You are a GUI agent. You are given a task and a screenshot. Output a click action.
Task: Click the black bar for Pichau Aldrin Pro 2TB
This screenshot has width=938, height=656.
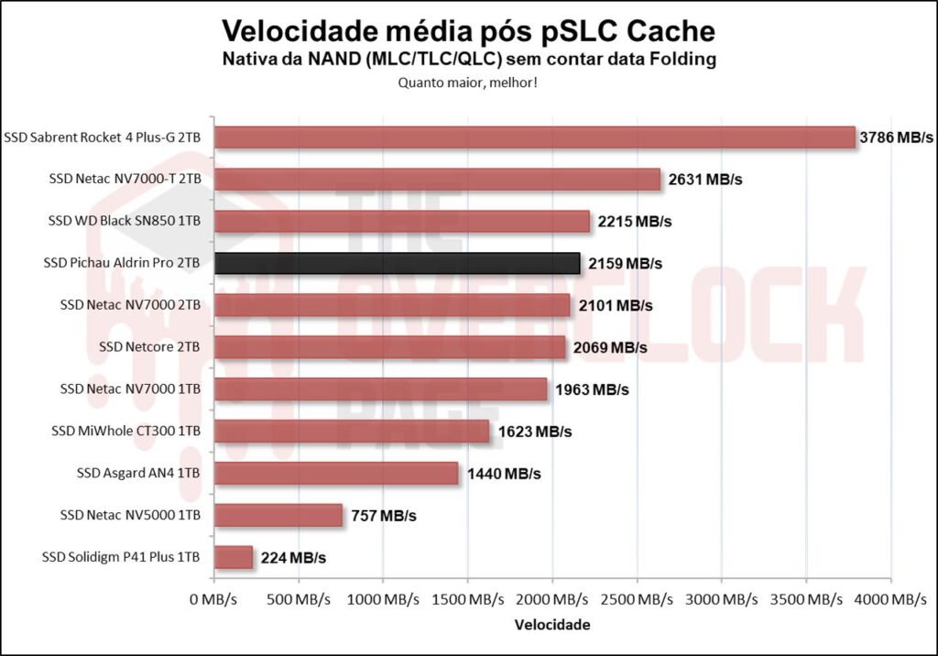(x=397, y=264)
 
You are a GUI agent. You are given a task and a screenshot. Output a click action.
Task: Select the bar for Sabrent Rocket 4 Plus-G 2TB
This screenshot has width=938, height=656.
(x=534, y=137)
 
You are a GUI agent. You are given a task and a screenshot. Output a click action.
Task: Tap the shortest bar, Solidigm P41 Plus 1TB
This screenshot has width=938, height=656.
(x=233, y=557)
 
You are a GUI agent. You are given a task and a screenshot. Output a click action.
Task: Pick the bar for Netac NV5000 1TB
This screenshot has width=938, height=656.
(x=278, y=515)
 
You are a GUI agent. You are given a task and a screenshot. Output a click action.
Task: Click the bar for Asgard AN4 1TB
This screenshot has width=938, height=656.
(x=336, y=474)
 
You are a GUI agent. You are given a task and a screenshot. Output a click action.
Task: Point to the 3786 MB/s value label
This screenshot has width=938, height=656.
(x=896, y=137)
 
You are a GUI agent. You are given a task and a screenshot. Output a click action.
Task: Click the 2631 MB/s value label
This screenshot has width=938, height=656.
(x=705, y=180)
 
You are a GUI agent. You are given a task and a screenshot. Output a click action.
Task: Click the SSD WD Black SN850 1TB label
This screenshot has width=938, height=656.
(x=124, y=221)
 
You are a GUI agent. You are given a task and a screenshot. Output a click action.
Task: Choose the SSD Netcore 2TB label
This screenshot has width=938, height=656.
(x=149, y=347)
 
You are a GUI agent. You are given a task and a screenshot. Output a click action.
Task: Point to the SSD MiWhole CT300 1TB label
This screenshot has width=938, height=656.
(x=125, y=431)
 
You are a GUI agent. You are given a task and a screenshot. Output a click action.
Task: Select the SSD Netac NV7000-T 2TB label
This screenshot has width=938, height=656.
(x=125, y=180)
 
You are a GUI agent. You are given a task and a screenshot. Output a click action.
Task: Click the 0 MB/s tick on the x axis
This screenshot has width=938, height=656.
(x=214, y=599)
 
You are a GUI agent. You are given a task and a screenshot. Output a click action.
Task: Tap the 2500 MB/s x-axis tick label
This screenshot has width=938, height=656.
(x=637, y=599)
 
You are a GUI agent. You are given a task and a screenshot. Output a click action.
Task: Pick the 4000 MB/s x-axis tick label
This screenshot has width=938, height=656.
(x=889, y=599)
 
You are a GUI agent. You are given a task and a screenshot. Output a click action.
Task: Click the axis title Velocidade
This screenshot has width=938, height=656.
(x=552, y=625)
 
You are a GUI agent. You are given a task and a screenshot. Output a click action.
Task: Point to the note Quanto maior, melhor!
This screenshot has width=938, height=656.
(x=467, y=82)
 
